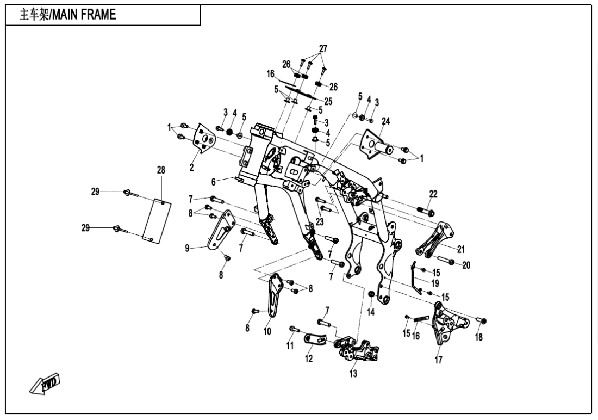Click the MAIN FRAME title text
[x=68, y=15]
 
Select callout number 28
[x=161, y=170]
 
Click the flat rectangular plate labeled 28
[x=157, y=220]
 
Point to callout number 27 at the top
[x=323, y=49]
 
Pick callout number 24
[x=385, y=121]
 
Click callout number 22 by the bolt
[x=433, y=194]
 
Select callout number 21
[x=461, y=250]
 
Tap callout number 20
[x=465, y=265]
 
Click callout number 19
[x=435, y=283]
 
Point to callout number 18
[x=478, y=337]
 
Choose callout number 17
[x=439, y=360]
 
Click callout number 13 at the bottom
[x=353, y=374]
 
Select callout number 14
[x=371, y=312]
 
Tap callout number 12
[x=309, y=359]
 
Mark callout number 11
[x=290, y=345]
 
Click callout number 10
[x=267, y=331]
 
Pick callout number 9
[x=188, y=248]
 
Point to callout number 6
[x=213, y=181]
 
